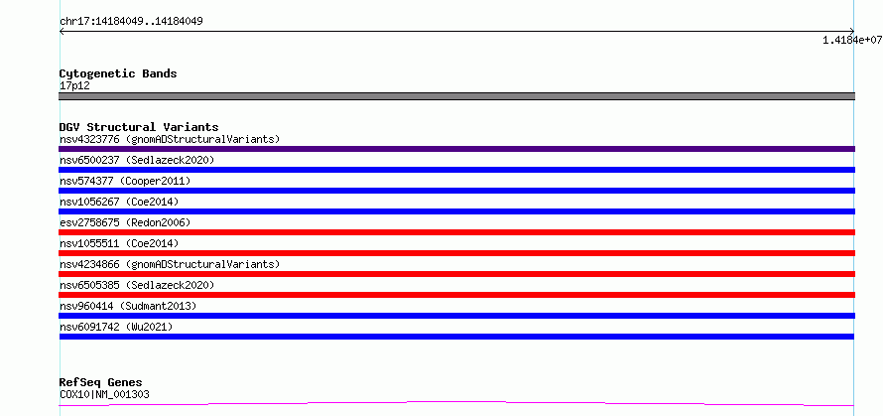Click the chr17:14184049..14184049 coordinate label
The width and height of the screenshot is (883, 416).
131,22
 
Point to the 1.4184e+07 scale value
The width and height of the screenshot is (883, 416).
852,40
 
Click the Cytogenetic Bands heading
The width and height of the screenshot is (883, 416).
118,73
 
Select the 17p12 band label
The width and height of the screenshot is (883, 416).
74,86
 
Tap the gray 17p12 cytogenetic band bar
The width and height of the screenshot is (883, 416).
456,96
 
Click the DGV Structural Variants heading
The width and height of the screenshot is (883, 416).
139,127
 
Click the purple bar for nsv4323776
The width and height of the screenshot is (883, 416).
456,149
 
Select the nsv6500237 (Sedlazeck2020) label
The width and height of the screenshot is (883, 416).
137,160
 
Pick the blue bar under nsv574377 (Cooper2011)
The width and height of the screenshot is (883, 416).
456,191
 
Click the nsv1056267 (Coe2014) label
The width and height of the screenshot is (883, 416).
119,202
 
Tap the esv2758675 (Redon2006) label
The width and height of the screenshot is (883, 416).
125,222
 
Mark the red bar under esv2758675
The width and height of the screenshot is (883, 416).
456,232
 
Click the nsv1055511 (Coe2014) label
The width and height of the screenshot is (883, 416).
119,243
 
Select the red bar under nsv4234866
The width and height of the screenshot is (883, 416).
456,274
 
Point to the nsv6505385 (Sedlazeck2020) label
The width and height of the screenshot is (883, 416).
137,285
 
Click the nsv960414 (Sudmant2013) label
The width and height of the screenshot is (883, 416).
128,306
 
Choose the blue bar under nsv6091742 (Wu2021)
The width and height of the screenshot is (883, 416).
456,337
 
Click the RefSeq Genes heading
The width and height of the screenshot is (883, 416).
101,383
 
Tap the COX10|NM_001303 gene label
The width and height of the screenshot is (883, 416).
104,394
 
